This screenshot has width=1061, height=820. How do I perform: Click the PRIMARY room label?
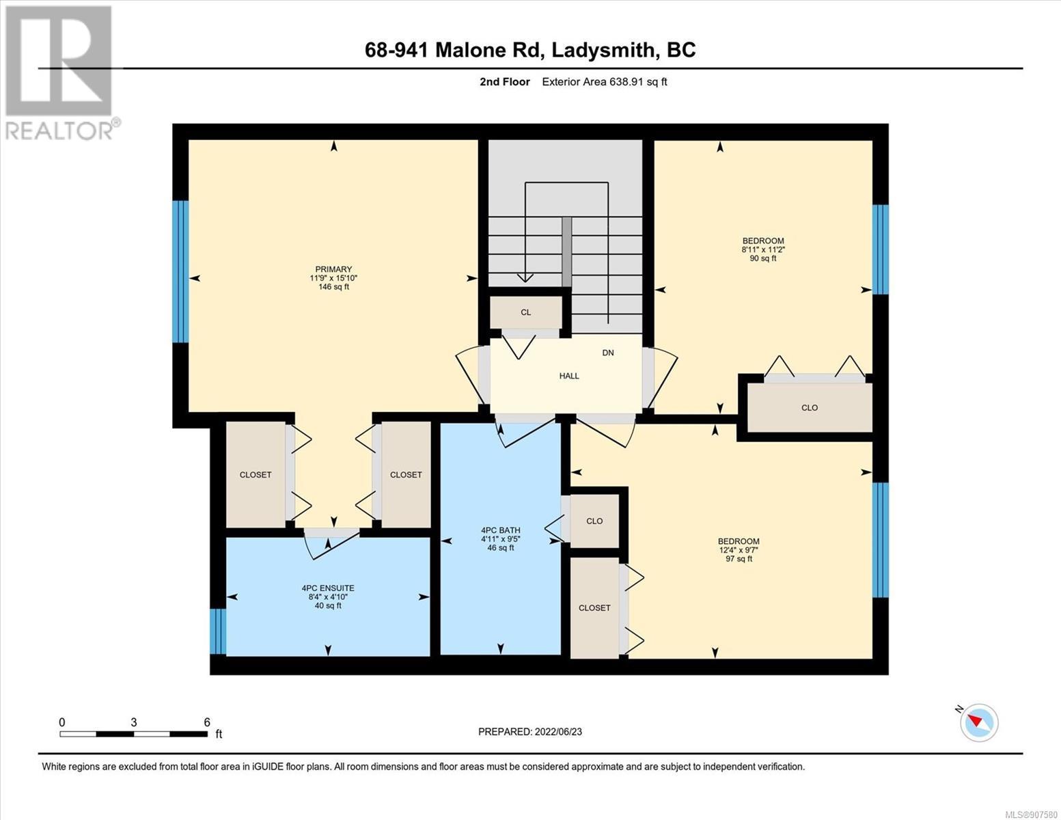(333, 269)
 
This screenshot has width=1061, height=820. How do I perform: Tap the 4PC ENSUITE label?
(328, 588)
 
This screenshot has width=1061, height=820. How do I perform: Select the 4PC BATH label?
(501, 530)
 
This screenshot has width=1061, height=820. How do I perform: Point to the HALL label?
(569, 376)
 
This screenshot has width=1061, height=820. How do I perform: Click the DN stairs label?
(608, 353)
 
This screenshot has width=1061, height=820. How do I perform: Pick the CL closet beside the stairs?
(525, 312)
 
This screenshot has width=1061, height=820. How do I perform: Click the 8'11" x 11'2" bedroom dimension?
(763, 249)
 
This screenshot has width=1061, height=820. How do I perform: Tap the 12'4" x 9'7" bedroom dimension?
(739, 549)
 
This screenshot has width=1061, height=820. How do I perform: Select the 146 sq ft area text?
(333, 287)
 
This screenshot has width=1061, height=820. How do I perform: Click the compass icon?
(979, 723)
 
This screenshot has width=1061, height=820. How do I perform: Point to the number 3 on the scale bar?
(133, 722)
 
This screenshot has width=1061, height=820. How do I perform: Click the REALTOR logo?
(61, 73)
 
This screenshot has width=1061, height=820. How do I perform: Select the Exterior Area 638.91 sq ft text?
(604, 81)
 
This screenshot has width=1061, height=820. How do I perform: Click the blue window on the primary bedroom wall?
(180, 271)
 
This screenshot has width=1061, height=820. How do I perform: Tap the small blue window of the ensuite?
(218, 631)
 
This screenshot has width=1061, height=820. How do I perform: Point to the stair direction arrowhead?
(525, 277)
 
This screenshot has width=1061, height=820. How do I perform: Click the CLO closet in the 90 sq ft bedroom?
(809, 407)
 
